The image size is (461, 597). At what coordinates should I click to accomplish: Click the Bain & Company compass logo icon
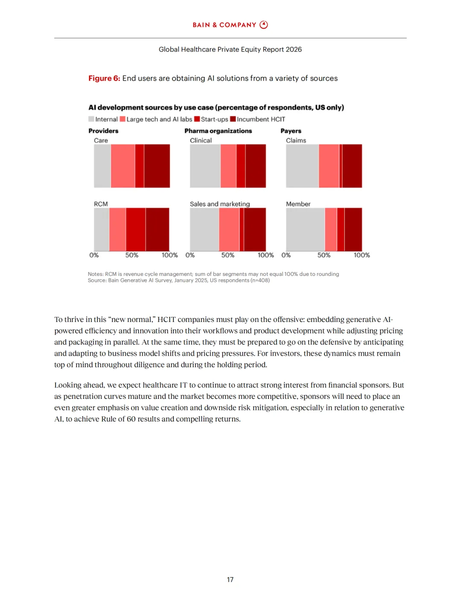[x=264, y=25]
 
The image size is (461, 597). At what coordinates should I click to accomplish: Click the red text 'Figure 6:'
[x=104, y=78]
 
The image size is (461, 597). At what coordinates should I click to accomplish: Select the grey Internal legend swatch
[x=91, y=119]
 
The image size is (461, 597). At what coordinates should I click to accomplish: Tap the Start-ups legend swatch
[x=197, y=119]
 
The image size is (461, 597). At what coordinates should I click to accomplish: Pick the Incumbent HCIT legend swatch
[x=233, y=119]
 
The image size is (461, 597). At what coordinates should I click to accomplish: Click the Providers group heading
[x=103, y=131]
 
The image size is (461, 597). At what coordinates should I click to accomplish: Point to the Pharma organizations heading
[x=218, y=131]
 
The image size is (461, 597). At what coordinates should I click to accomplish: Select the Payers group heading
[x=291, y=131]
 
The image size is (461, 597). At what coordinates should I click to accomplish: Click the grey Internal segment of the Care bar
[x=102, y=166]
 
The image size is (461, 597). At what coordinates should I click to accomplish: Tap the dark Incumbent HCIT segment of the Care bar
[x=157, y=166]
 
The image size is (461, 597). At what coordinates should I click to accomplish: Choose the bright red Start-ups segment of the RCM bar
[x=136, y=229]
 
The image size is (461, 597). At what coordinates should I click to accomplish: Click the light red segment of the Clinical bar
[x=228, y=166]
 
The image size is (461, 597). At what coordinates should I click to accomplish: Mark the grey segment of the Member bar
[x=305, y=229]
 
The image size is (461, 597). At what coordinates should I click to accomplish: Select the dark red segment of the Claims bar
[x=352, y=166]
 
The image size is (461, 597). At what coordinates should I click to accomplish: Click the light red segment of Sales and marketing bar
[x=229, y=229]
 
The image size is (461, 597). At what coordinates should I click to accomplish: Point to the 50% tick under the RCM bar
[x=132, y=255]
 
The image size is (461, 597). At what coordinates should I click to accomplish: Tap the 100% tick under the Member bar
[x=362, y=255]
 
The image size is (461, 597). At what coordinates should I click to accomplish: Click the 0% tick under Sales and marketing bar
[x=190, y=255]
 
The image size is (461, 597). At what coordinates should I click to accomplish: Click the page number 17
[x=230, y=579]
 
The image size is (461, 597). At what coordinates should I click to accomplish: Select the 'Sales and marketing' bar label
[x=220, y=204]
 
